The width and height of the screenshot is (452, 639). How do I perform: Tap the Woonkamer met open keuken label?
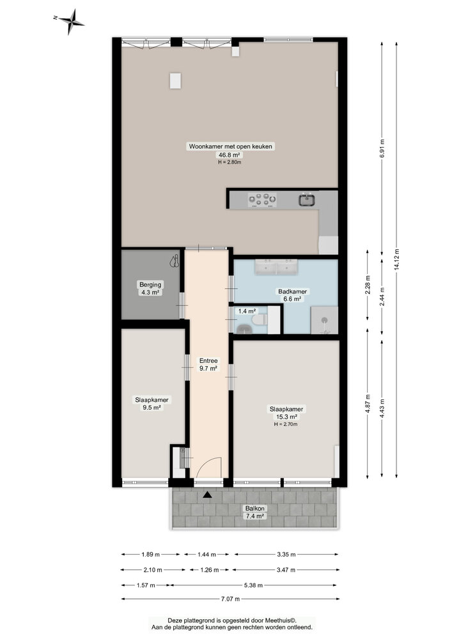point(230,146)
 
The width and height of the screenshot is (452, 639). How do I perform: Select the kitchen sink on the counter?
point(307,200)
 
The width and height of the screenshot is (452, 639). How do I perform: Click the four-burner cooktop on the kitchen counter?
point(263,201)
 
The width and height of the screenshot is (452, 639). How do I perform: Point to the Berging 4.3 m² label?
point(151,288)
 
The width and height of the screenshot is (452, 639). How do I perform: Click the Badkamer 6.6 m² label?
point(292,295)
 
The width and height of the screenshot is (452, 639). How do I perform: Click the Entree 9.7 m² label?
point(208,364)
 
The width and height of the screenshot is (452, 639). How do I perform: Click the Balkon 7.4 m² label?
point(254,512)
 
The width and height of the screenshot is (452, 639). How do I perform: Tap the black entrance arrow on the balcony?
point(207,495)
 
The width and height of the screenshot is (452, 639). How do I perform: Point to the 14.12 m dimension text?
point(397,259)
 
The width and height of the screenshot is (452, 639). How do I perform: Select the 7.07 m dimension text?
point(230,599)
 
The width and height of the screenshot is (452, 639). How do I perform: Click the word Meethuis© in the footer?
point(281,620)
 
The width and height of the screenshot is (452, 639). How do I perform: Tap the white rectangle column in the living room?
point(175,81)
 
